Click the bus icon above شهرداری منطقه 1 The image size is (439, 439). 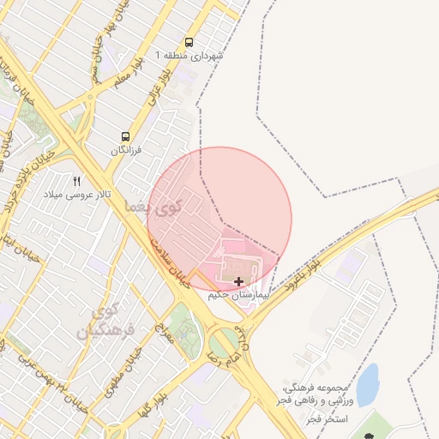tap(189, 42)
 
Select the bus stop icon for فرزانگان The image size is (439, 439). tap(127, 136)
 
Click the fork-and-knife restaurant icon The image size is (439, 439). tap(77, 181)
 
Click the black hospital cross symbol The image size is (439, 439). tap(238, 281)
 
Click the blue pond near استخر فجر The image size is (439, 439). tap(366, 384)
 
